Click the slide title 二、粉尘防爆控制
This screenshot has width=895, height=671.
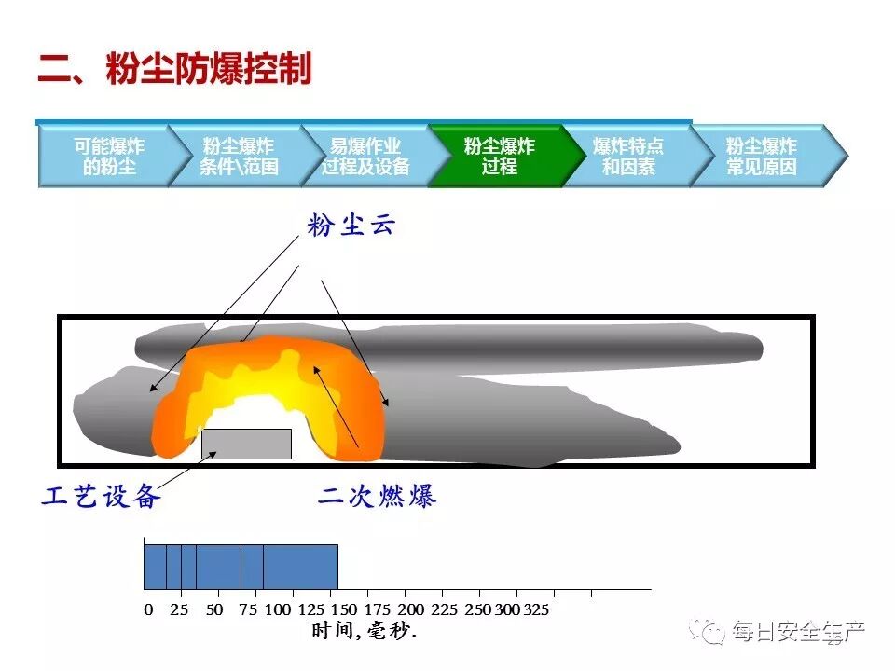click(174, 70)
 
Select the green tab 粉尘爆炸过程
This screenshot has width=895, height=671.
click(500, 157)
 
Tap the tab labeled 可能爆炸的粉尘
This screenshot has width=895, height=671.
click(109, 157)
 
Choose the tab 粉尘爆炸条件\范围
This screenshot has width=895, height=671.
click(239, 157)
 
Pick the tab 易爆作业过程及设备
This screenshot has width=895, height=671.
click(365, 157)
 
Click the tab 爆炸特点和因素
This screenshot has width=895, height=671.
click(628, 157)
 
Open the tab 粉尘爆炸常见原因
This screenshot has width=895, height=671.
click(762, 157)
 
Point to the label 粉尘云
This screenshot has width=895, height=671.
click(351, 226)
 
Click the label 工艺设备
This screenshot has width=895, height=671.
click(102, 497)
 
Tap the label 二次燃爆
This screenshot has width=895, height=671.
click(377, 497)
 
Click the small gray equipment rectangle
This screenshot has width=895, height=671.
click(246, 444)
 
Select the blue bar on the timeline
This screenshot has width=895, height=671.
click(241, 567)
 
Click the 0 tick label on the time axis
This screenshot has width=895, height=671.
click(148, 610)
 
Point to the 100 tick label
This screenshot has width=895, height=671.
click(278, 610)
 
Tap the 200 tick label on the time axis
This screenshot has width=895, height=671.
click(410, 610)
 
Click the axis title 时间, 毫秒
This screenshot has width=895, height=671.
click(365, 632)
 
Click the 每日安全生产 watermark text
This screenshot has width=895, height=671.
click(799, 633)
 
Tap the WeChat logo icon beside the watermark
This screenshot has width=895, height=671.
click(714, 633)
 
